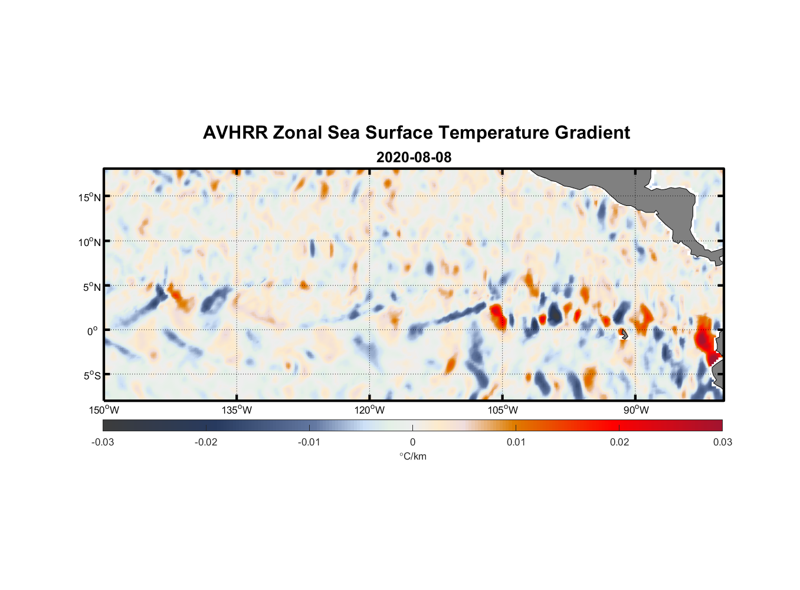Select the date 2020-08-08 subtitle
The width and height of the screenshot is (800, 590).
(x=414, y=158)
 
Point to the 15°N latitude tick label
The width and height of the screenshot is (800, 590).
(x=89, y=197)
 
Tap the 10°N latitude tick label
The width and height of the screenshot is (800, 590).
(x=89, y=242)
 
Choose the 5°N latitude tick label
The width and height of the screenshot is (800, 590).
(x=91, y=287)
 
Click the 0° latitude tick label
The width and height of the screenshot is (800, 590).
(x=93, y=331)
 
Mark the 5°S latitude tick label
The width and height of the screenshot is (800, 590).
(x=91, y=375)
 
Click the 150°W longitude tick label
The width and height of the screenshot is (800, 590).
(x=104, y=410)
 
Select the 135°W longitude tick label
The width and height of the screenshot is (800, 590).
(x=237, y=410)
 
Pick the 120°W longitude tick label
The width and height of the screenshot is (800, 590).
(x=369, y=410)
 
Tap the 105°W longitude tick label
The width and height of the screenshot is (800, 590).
(x=503, y=410)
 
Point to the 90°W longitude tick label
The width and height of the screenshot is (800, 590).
(x=635, y=410)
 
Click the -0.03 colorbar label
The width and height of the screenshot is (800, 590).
(x=103, y=442)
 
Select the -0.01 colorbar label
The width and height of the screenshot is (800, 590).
(x=309, y=442)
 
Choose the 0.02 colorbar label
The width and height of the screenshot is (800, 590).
(x=619, y=442)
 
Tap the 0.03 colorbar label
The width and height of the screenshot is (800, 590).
(x=722, y=442)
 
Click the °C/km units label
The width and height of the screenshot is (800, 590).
(x=412, y=456)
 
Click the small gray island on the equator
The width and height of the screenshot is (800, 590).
(x=624, y=335)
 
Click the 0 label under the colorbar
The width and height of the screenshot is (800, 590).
(x=412, y=442)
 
